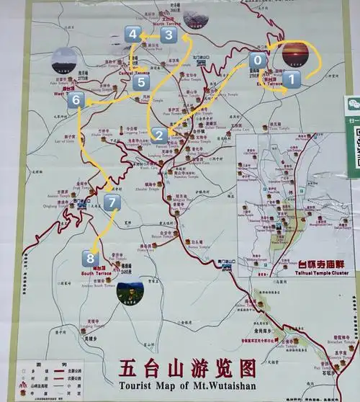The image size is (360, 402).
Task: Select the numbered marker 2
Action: (x=160, y=134)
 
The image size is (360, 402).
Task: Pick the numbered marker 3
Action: (x=168, y=35)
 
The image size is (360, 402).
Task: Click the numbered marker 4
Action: (x=132, y=34)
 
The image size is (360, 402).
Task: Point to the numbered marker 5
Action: (x=140, y=83)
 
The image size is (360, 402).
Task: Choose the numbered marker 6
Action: (x=76, y=102)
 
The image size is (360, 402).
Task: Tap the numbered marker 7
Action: (x=111, y=203)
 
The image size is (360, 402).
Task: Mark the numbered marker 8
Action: (x=89, y=257)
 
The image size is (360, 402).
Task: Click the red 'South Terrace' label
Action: (x=96, y=274)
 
